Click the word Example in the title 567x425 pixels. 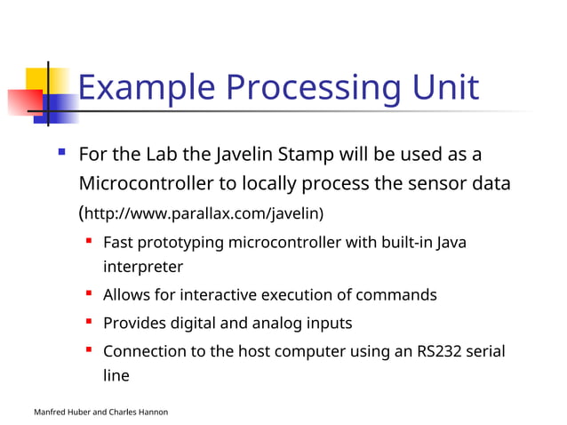[145, 88]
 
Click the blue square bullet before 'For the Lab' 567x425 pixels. [61, 154]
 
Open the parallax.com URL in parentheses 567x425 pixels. [202, 214]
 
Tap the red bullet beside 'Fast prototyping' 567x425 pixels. [90, 241]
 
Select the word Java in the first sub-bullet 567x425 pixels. [451, 242]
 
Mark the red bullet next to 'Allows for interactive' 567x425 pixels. [90, 293]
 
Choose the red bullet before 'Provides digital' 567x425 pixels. [90, 322]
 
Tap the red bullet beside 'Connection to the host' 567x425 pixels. [90, 350]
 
